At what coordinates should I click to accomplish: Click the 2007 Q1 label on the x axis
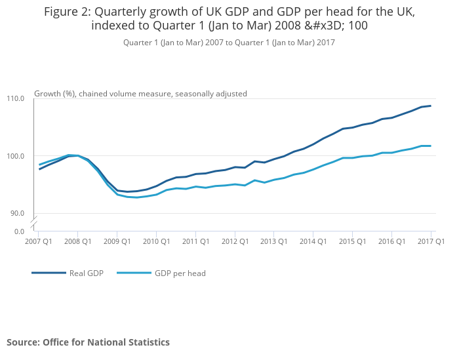pos(38,241)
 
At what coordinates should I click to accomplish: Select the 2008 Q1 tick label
pos(78,241)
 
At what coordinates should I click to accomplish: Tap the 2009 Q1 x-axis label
pos(117,241)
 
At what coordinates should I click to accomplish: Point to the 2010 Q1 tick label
pos(157,241)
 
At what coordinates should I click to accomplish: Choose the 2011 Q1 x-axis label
pos(195,241)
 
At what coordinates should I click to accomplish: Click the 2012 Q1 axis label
pos(235,241)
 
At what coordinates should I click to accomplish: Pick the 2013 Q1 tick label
pos(274,241)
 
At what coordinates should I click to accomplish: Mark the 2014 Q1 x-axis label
pos(313,241)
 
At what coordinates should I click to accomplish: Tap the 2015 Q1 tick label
pos(353,241)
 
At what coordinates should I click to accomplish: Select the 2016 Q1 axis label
pos(392,241)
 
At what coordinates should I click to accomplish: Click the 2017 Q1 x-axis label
pos(431,241)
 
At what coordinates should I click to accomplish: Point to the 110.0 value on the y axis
pos(15,98)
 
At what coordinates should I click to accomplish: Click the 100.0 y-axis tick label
pos(15,156)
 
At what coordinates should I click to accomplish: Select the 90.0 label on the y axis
pos(16,213)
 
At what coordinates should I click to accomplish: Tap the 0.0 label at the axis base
pos(18,231)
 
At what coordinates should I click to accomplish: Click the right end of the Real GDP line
pos(430,106)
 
